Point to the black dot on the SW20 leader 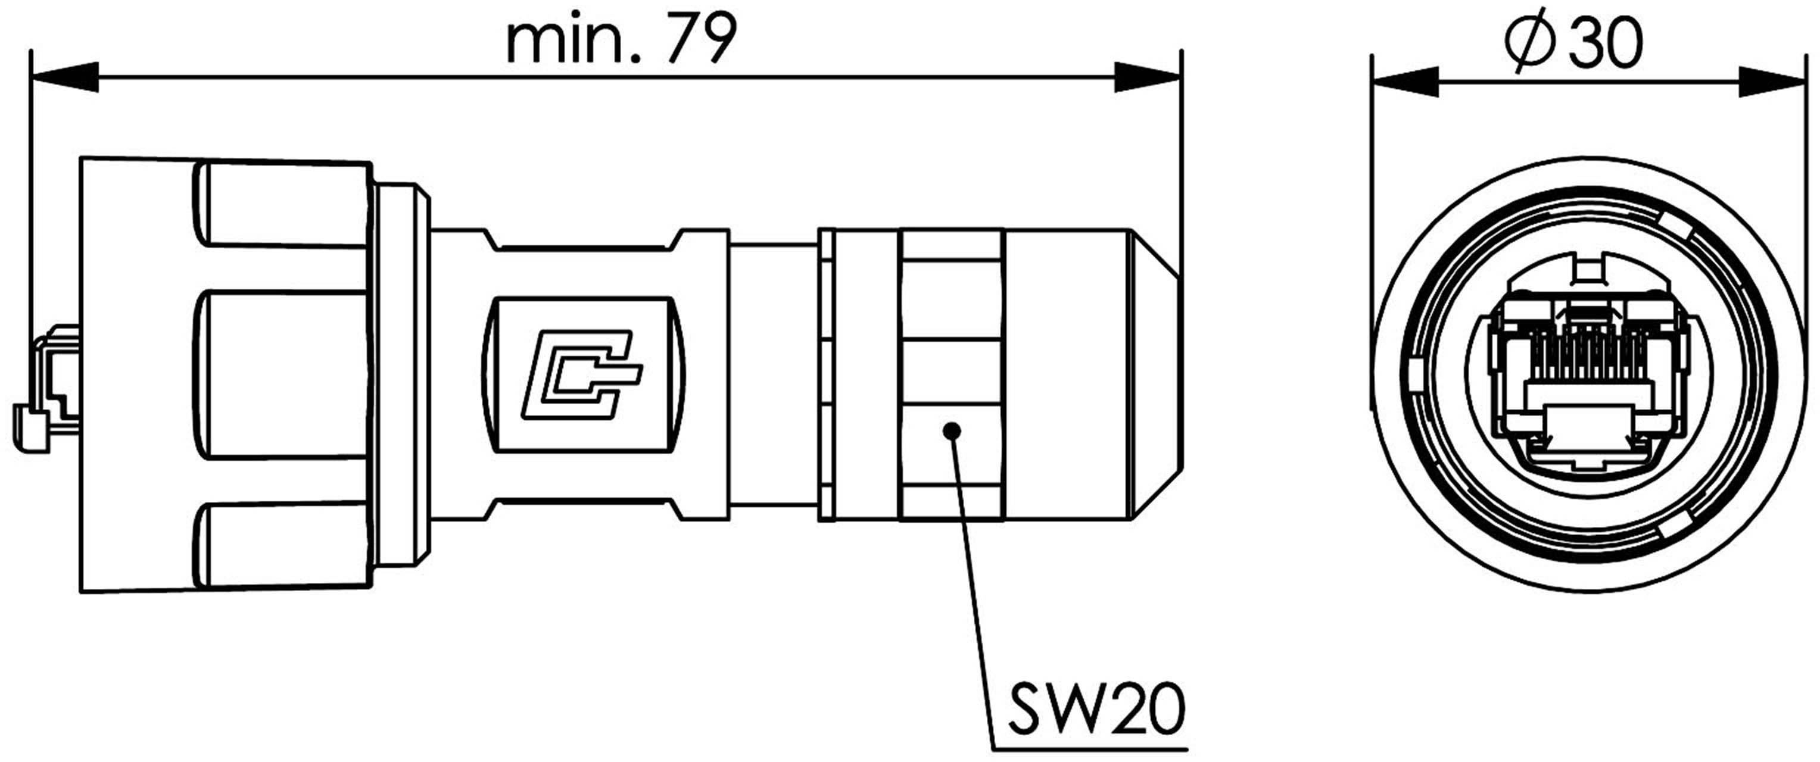tap(952, 430)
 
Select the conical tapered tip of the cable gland tap(1156, 374)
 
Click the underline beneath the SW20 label tap(1092, 748)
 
